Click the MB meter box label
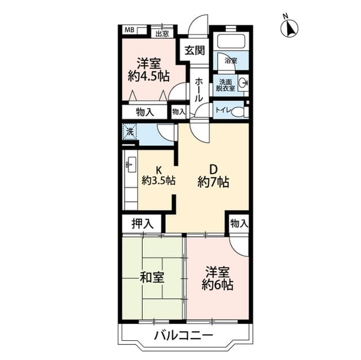tap(129, 30)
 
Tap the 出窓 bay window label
tap(162, 34)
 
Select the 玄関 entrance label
tap(195, 50)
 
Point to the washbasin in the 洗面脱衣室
tap(243, 83)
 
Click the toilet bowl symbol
tap(237, 113)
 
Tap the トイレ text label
tap(223, 110)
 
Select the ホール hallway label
tap(199, 90)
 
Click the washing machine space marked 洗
tap(130, 132)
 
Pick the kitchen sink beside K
tap(131, 165)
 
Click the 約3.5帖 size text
tap(159, 180)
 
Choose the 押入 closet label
tap(142, 224)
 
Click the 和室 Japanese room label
tap(152, 278)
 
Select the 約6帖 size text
tap(217, 285)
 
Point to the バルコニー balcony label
tap(183, 336)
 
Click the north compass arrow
tap(289, 29)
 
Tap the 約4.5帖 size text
tap(149, 76)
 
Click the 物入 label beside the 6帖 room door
tap(239, 223)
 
